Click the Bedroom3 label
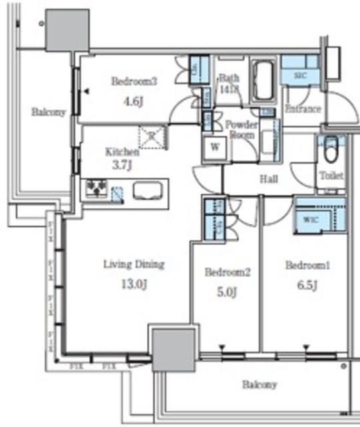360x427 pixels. click(x=133, y=82)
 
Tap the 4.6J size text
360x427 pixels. click(x=133, y=102)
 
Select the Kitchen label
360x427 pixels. click(x=122, y=151)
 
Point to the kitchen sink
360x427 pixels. click(x=146, y=191)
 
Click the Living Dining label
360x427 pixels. click(x=133, y=264)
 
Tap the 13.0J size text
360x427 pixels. click(x=133, y=284)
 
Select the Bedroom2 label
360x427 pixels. click(x=227, y=272)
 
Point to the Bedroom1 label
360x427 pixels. click(x=308, y=266)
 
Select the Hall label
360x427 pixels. click(x=268, y=179)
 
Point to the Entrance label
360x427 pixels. click(x=303, y=109)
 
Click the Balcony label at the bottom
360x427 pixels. click(x=259, y=385)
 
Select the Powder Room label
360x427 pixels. click(x=241, y=129)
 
